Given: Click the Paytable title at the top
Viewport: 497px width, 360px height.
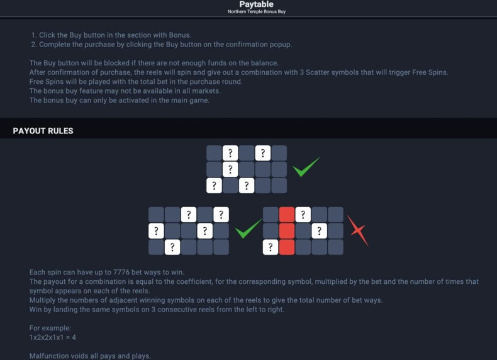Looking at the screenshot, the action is point(256,4).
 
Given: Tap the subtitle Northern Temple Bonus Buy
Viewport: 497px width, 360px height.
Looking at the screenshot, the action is point(257,12).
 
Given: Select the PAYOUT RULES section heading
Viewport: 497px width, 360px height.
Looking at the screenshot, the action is point(43,131).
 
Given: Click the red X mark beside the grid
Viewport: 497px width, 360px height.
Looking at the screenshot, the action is point(358,230).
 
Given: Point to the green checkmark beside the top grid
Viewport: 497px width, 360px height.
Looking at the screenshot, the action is point(306,167).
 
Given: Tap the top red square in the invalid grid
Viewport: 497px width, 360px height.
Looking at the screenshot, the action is point(287,215).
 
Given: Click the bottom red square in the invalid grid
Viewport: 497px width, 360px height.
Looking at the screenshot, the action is point(287,247).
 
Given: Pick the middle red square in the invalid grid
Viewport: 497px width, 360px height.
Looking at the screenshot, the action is point(287,231).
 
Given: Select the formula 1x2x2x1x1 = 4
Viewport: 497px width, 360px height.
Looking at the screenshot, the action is point(53,337).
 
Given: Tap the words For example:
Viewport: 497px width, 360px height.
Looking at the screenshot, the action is point(50,328).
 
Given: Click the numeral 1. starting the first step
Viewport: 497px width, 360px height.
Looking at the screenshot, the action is point(34,35).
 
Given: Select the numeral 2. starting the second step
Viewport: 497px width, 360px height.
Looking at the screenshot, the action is point(34,45).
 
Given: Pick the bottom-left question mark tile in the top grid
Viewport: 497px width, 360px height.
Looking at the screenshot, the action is point(215,186).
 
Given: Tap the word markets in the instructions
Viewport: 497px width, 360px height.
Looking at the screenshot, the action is point(208,91).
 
